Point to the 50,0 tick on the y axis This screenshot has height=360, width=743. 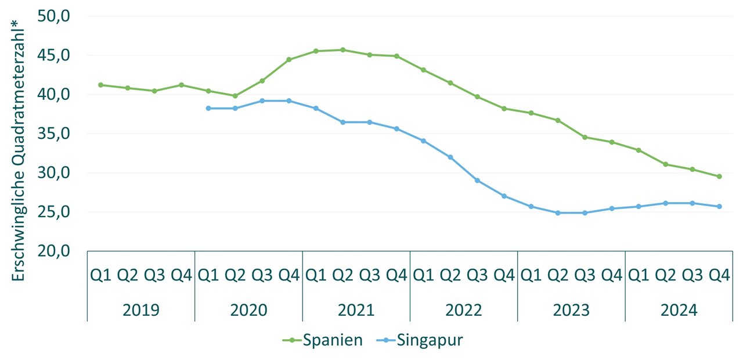[53, 16]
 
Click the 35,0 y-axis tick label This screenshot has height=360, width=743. [53, 134]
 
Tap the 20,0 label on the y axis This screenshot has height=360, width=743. [53, 251]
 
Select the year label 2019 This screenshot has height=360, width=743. [141, 310]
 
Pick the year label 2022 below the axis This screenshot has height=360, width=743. [464, 310]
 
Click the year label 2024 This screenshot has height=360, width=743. [679, 310]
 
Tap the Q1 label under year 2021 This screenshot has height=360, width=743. [316, 275]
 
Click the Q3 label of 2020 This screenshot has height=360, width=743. [262, 275]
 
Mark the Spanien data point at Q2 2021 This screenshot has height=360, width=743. [342, 50]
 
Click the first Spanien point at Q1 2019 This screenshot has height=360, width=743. [100, 85]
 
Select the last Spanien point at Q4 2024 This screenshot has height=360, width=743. [719, 177]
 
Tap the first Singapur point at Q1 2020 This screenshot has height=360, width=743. [208, 108]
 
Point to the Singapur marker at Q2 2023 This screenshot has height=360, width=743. [558, 213]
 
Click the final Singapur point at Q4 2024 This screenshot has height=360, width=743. [719, 206]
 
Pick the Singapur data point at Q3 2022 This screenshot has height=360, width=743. [477, 180]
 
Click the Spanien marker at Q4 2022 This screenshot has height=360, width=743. [504, 109]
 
